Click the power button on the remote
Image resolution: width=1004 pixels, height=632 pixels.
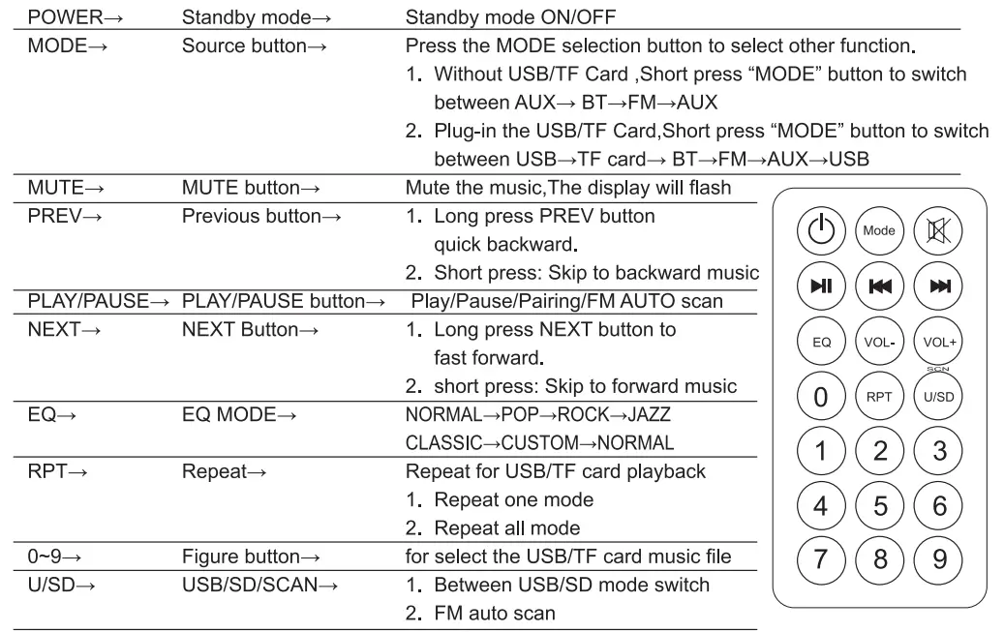[x=821, y=230]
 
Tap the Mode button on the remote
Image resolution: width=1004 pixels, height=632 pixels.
[x=878, y=230]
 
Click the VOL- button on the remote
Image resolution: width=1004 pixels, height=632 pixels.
[x=878, y=342]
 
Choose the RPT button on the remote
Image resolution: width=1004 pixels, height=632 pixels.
[x=878, y=397]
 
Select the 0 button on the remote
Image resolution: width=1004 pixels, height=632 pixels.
[x=821, y=397]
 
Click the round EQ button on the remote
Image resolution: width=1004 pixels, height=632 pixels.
[x=821, y=342]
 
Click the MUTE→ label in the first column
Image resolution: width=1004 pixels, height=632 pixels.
[x=60, y=188]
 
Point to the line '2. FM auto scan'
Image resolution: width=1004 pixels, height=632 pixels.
[x=480, y=613]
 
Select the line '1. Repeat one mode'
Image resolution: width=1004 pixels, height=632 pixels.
[x=500, y=500]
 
